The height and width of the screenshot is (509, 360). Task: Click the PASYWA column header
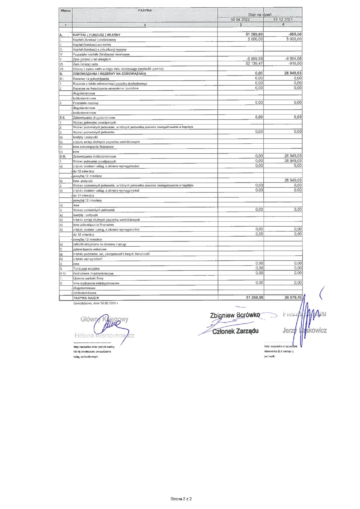[x=145, y=10]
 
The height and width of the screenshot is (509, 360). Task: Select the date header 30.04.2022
[x=240, y=20]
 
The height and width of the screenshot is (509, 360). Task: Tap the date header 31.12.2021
[x=282, y=20]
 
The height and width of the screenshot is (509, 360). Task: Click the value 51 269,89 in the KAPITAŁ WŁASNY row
[x=254, y=34]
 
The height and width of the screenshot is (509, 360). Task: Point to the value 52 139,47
[x=254, y=64]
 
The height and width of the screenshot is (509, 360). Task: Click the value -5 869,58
[x=255, y=59]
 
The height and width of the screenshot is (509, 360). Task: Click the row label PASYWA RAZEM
[x=86, y=298]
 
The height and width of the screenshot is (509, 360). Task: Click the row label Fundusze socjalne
[x=86, y=269]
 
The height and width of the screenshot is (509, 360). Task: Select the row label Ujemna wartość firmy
[x=88, y=278]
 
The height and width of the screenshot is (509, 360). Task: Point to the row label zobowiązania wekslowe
[x=90, y=249]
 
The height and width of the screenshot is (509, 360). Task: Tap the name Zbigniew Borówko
[x=235, y=315]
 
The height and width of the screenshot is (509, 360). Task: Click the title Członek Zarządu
[x=235, y=331]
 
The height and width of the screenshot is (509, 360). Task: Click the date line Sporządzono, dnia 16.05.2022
[x=96, y=303]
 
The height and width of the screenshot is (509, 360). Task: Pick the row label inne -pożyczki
[x=83, y=181]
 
